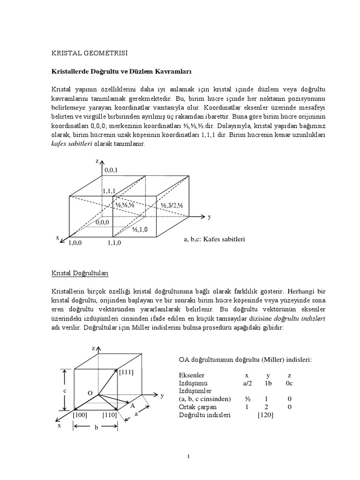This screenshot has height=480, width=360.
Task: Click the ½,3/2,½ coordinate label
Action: [172, 206]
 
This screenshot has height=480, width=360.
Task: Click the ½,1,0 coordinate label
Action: [140, 229]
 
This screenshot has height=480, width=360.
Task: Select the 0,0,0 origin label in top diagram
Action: [102, 222]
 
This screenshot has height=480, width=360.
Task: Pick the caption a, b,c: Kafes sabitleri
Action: [214, 239]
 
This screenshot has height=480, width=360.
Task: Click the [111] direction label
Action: [127, 372]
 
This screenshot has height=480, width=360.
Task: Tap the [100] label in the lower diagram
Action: [80, 415]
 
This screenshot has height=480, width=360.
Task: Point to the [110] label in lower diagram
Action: [109, 415]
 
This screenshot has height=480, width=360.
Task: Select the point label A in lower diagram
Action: [133, 405]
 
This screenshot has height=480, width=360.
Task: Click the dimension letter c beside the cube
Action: [65, 390]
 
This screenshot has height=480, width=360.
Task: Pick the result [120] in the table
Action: [265, 415]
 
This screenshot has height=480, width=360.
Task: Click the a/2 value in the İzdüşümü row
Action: [247, 383]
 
